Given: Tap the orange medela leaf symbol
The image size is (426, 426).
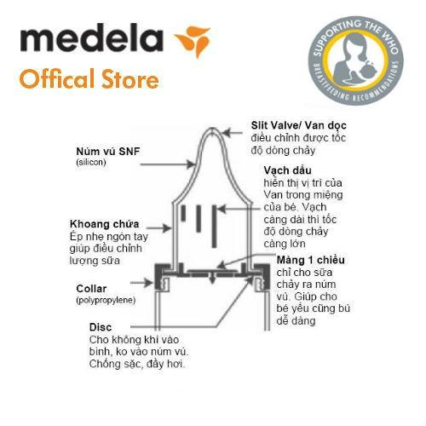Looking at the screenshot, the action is (x=193, y=41).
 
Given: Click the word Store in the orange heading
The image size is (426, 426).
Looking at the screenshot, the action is (x=130, y=78).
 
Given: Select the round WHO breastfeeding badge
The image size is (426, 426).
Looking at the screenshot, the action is (x=355, y=60).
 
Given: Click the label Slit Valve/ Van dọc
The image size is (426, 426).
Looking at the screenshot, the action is (x=298, y=125).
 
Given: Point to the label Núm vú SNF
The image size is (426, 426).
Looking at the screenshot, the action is (x=108, y=151).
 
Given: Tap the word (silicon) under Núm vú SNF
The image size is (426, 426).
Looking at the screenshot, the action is (x=91, y=162).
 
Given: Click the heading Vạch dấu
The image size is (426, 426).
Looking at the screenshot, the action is (x=287, y=170).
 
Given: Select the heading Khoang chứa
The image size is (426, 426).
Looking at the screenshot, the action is (x=104, y=224).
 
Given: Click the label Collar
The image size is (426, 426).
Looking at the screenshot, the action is (x=91, y=289).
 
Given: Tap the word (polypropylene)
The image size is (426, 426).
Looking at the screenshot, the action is (x=106, y=300).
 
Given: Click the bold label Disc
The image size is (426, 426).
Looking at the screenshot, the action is (x=101, y=327).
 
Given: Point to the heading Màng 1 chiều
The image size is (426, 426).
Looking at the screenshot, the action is (x=311, y=260).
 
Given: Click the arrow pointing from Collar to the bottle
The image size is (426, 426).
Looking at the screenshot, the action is (x=142, y=283).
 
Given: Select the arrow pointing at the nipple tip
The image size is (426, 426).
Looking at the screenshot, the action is (x=233, y=133).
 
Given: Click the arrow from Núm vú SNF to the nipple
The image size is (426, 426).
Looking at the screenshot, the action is (x=168, y=164).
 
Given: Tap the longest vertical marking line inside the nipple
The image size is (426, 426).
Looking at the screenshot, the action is (x=215, y=226).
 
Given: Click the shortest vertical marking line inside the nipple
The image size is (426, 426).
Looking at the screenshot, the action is (x=183, y=213).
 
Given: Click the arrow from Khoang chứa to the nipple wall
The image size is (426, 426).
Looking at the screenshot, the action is (x=158, y=227).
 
